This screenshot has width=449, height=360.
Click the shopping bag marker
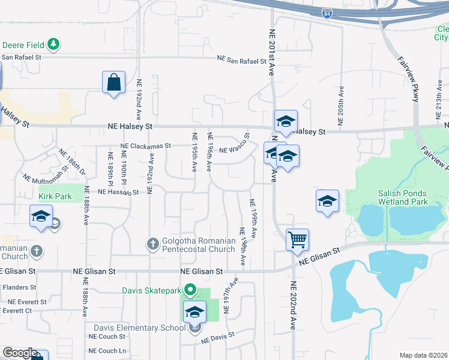coord(113,82)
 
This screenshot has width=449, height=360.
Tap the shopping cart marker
coord(297,239)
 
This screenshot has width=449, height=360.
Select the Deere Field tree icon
coord(53,44)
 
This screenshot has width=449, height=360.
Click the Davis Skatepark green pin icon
coord(191,290)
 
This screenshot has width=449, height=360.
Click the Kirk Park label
coord(55,196)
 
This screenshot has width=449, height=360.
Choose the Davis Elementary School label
coord(140,328)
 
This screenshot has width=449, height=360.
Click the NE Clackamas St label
coord(146,146)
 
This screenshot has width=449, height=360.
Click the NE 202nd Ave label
coord(294,305)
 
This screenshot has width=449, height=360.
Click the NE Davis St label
coord(218,340)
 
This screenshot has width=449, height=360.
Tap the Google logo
coord(20,353)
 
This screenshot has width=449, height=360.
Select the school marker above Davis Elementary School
coord(194,312)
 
